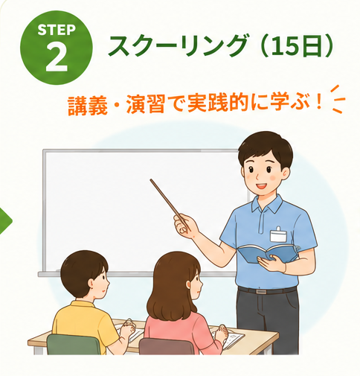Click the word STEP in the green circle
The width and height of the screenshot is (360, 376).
(57, 30)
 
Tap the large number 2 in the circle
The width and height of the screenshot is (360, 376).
(57, 57)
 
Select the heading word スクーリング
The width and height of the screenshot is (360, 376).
(179, 46)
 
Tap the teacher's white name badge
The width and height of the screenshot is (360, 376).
(278, 235)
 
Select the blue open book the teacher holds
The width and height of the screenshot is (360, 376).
(268, 253)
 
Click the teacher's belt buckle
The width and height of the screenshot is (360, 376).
(260, 291)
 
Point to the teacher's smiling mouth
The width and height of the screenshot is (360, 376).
(261, 186)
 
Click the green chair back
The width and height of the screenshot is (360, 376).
(74, 344)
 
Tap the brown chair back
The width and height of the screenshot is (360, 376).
(167, 346)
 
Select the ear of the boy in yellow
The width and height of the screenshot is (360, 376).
(91, 284)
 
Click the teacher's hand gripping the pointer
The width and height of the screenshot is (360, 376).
(184, 226)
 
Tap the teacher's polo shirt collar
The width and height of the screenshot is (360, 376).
(267, 205)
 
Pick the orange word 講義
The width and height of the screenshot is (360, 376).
(88, 105)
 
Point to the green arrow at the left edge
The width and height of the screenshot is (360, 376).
(5, 221)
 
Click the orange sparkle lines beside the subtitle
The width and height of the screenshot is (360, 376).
(337, 99)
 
